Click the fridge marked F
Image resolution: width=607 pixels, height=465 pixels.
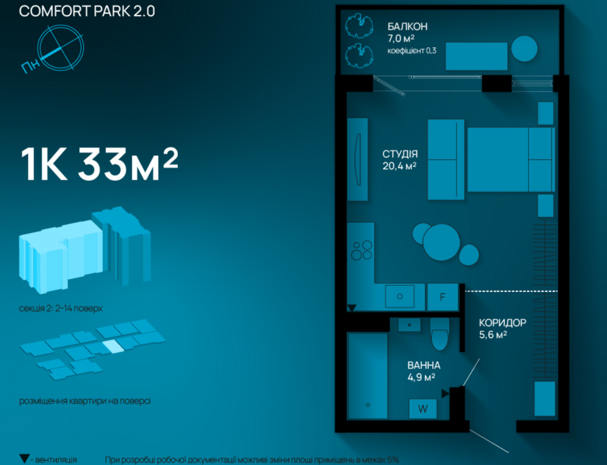click(x=443, y=297)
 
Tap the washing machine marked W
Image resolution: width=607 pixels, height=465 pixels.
click(x=422, y=409)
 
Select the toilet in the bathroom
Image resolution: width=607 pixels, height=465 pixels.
click(x=439, y=334)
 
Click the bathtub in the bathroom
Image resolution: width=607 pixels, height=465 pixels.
click(x=368, y=376)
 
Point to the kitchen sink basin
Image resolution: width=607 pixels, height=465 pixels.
click(x=400, y=297)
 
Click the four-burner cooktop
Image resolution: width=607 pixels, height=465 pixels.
click(x=362, y=250)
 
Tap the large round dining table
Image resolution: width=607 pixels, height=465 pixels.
click(x=441, y=242)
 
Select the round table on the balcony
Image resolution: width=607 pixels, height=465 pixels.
click(x=524, y=49)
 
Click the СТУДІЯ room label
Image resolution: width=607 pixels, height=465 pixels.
click(x=400, y=154)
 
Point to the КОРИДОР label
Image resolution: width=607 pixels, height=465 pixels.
click(x=503, y=323)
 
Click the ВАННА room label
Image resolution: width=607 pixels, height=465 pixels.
click(x=424, y=365)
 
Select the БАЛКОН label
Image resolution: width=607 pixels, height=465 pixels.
click(x=408, y=27)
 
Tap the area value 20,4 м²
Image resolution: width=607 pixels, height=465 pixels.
click(x=399, y=166)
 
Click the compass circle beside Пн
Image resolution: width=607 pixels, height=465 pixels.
click(x=60, y=47)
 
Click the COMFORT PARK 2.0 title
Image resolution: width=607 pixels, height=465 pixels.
click(x=87, y=11)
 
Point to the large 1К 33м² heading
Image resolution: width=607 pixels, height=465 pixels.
click(x=100, y=164)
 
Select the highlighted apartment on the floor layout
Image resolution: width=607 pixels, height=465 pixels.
click(x=113, y=346)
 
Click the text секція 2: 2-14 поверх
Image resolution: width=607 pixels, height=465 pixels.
click(x=61, y=308)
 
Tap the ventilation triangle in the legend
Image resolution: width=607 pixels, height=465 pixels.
click(x=24, y=458)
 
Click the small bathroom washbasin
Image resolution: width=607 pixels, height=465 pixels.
click(x=409, y=324)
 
